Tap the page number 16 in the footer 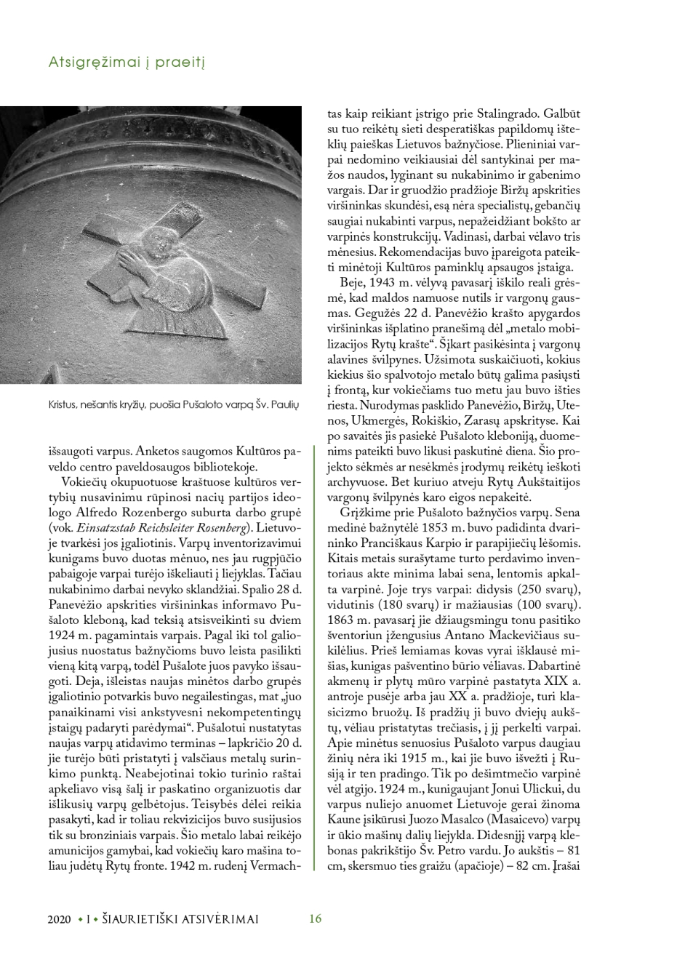315,918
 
